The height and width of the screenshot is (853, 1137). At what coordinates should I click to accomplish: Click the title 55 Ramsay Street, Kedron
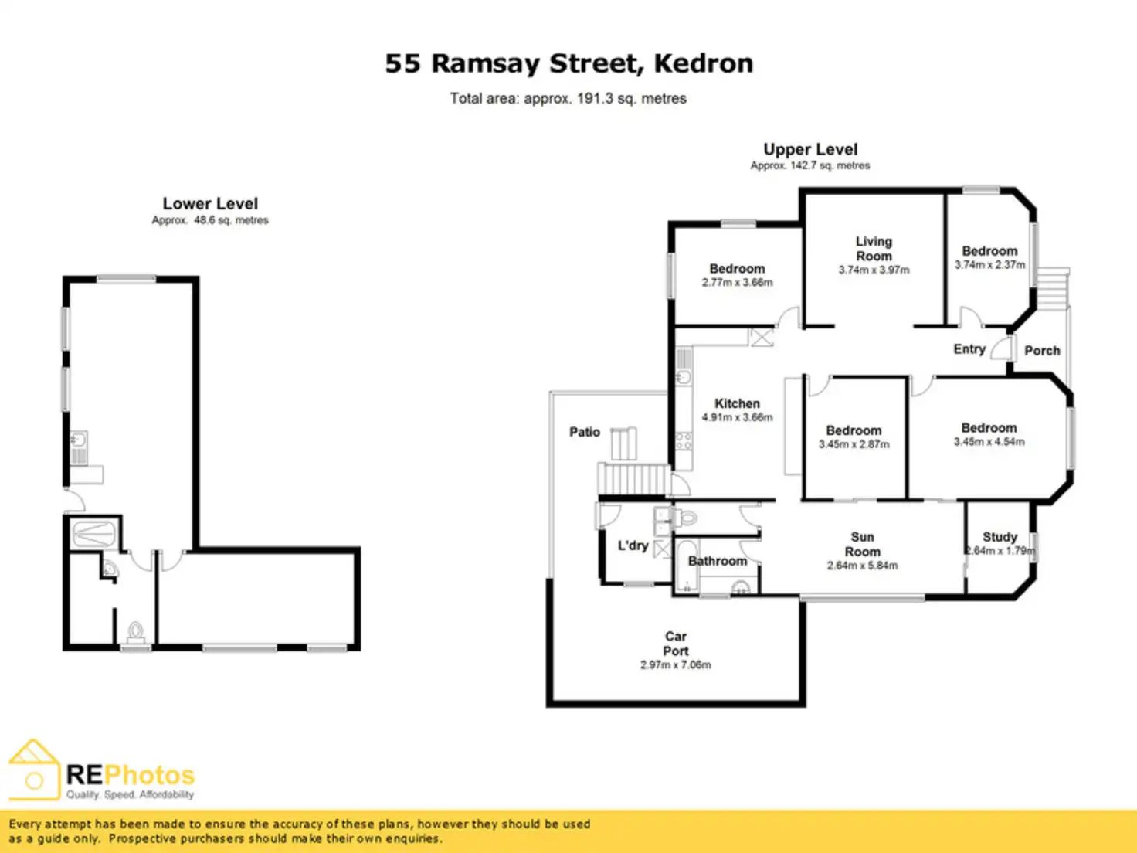568,63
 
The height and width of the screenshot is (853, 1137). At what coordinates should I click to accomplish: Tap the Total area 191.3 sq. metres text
568,99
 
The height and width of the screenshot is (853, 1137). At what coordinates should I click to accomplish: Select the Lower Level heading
210,204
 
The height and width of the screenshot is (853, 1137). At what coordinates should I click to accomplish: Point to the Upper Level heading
810,150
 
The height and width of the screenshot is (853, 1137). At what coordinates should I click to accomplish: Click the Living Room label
874,249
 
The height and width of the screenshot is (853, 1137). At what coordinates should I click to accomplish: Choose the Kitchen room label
737,403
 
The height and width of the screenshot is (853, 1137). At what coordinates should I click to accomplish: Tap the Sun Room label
862,544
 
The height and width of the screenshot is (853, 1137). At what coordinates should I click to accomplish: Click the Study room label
1000,536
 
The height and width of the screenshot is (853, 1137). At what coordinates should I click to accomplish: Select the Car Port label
675,644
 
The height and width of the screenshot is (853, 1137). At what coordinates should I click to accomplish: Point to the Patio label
585,432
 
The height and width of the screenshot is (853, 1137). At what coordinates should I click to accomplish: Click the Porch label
1042,351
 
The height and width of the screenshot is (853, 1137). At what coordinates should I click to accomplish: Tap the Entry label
969,349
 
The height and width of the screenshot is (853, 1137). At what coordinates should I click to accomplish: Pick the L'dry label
633,545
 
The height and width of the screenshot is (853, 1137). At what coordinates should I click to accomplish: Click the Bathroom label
718,561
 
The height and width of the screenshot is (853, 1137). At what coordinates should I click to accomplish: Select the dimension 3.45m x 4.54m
989,442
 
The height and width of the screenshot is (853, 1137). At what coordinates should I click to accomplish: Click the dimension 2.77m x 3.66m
737,283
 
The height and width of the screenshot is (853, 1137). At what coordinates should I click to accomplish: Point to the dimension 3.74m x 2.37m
989,265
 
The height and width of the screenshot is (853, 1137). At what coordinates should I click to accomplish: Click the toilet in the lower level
136,633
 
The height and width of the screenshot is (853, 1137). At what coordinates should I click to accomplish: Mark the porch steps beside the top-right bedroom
1052,290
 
